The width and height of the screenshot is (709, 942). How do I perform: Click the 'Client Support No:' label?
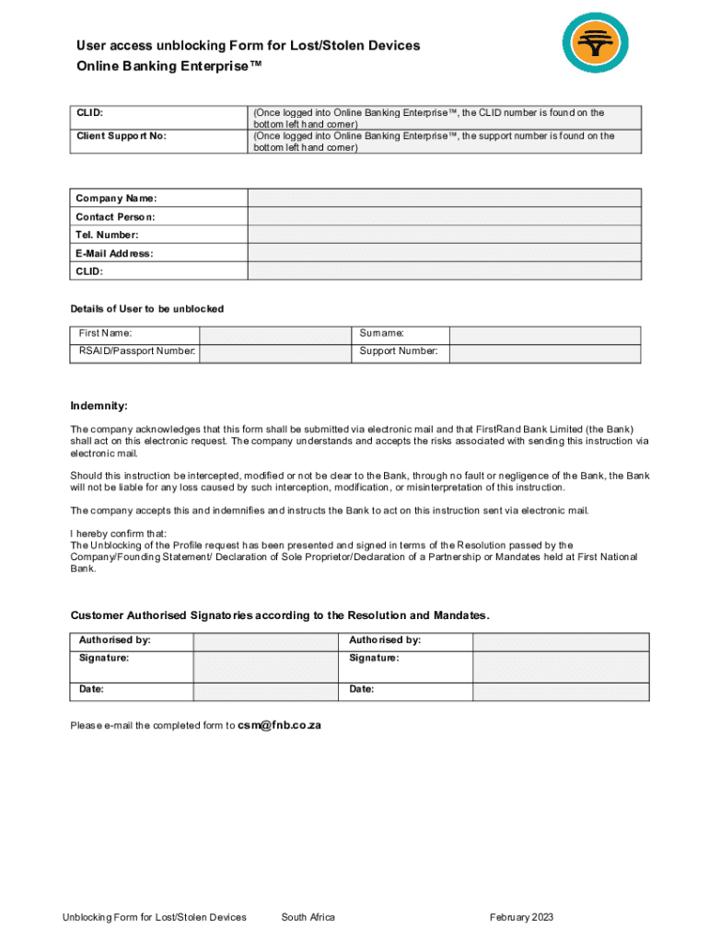pyautogui.click(x=122, y=136)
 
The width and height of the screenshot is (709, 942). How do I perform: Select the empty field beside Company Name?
pyautogui.click(x=444, y=198)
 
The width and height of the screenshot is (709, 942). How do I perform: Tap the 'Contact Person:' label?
pyautogui.click(x=115, y=217)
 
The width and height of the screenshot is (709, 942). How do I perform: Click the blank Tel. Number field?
pyautogui.click(x=444, y=235)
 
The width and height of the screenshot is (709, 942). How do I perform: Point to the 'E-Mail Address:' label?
pyautogui.click(x=114, y=253)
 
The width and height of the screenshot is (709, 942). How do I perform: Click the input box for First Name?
pyautogui.click(x=274, y=334)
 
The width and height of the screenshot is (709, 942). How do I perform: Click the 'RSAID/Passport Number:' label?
pyautogui.click(x=137, y=351)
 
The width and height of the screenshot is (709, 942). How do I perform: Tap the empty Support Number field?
pyautogui.click(x=544, y=352)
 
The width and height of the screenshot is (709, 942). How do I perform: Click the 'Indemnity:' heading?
pyautogui.click(x=99, y=406)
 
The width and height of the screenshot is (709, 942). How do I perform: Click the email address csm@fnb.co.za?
pyautogui.click(x=279, y=725)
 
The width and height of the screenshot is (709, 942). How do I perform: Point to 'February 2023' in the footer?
pyautogui.click(x=521, y=917)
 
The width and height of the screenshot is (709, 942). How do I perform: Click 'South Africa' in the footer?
pyautogui.click(x=308, y=917)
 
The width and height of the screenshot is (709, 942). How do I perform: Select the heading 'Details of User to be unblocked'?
pyautogui.click(x=147, y=308)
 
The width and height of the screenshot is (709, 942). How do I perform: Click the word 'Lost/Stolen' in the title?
pyautogui.click(x=314, y=45)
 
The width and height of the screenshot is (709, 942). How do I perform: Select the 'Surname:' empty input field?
pyautogui.click(x=544, y=334)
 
